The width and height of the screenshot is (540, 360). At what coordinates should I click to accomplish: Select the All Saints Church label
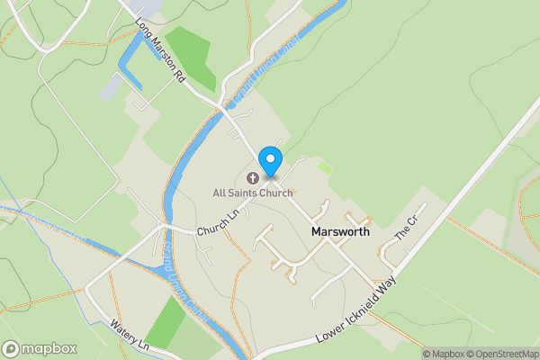[252, 193]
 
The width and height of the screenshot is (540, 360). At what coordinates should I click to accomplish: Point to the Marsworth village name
[340, 231]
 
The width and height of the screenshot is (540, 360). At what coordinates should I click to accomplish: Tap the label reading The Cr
[409, 229]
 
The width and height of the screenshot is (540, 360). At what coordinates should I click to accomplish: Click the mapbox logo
[40, 348]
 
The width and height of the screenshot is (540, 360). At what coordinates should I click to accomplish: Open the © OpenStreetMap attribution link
[502, 354]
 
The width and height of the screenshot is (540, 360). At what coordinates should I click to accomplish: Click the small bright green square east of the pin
[324, 167]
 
